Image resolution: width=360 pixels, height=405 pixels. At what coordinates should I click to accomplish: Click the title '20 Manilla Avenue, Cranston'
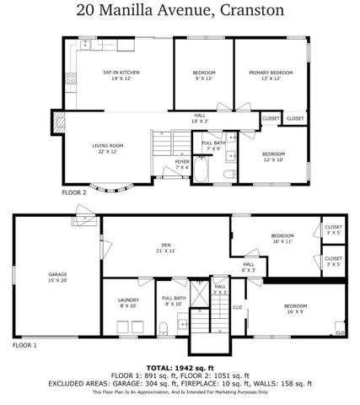coord(179,11)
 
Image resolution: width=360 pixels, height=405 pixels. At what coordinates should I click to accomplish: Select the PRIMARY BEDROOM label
coord(271,75)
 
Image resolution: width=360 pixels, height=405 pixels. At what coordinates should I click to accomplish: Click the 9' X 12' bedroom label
coord(203,75)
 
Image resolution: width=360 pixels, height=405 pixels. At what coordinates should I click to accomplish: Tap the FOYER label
coord(182,164)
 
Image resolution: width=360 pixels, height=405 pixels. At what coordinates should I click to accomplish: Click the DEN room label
coord(164,248)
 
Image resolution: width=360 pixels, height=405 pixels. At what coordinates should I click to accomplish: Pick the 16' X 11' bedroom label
coord(282,238)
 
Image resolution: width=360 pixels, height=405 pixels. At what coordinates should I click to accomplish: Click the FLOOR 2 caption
coord(73,192)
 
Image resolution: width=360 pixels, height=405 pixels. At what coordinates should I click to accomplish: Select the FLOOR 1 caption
coord(24,345)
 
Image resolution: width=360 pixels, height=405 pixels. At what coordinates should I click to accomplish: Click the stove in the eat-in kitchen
coord(72,79)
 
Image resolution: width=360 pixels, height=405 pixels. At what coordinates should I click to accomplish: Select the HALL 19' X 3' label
coord(200,118)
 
